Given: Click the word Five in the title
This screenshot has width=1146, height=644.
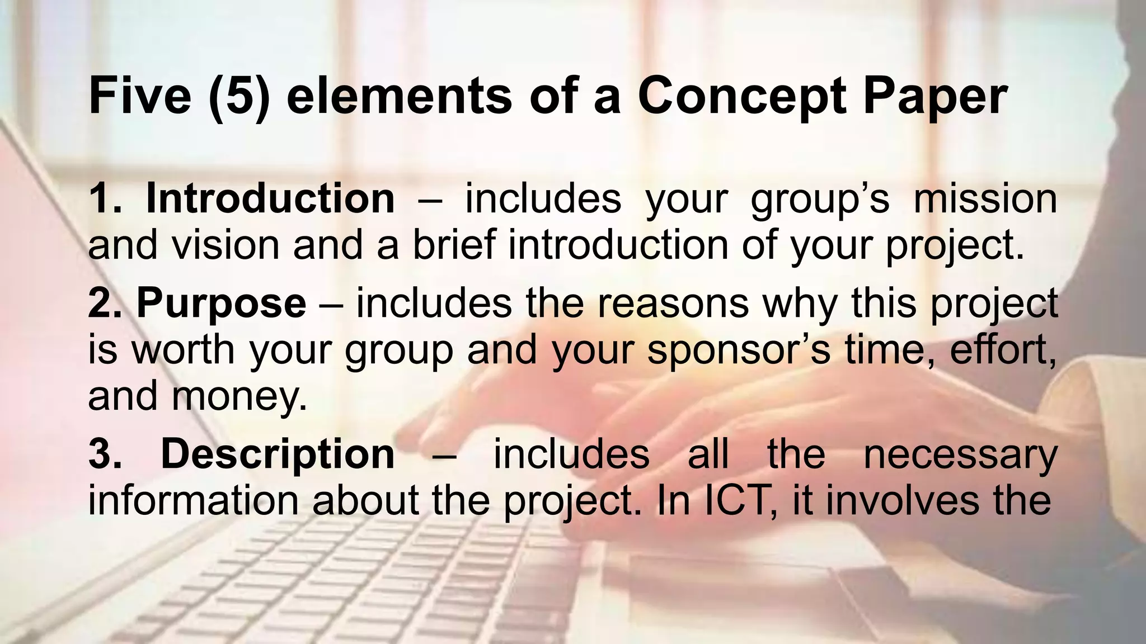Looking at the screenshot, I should [x=140, y=96].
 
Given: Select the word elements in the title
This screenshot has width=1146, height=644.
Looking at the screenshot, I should [x=399, y=96].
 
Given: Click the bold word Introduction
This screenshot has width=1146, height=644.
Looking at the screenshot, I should [x=270, y=199].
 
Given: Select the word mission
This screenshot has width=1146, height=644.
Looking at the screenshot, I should [x=985, y=199].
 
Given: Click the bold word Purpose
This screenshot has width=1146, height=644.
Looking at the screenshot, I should [x=221, y=304].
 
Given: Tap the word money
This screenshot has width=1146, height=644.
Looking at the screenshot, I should [x=239, y=396].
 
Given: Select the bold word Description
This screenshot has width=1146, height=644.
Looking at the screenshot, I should [x=278, y=454].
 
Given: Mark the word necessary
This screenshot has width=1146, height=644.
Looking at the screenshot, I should [x=960, y=454].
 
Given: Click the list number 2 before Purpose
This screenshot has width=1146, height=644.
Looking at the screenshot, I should [x=101, y=304].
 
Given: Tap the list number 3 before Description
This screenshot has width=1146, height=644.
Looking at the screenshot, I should [x=101, y=454].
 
